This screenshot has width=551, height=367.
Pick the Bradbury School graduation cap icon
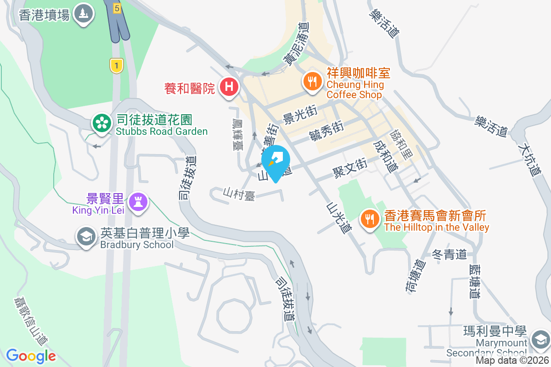pyautogui.click(x=86, y=237)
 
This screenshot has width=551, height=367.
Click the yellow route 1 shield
pyautogui.click(x=117, y=66)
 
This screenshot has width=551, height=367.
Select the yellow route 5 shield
pyautogui.click(x=117, y=8)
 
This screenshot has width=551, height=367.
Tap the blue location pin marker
pyautogui.click(x=275, y=160)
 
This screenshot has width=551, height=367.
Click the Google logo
pyautogui.click(x=31, y=356)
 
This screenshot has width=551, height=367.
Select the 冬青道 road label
pyautogui.click(x=450, y=254)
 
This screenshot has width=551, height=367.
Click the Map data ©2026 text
pyautogui.click(x=512, y=361)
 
